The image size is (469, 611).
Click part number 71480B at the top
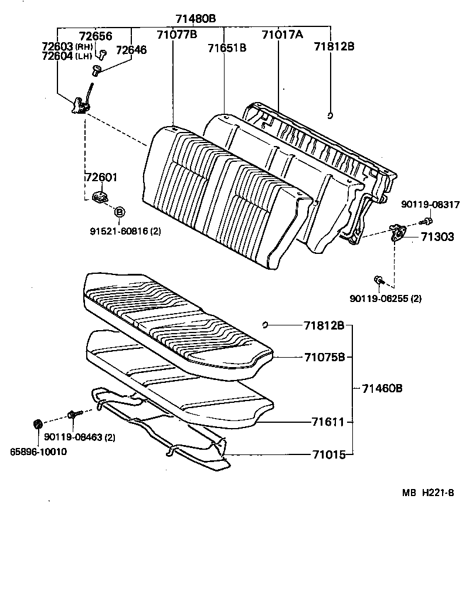(196, 19)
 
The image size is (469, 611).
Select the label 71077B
(176, 35)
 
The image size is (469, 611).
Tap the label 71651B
(226, 48)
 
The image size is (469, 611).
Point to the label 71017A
(282, 35)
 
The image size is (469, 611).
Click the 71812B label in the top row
(334, 47)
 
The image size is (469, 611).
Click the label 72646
(131, 50)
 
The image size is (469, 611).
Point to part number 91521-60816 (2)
(125, 231)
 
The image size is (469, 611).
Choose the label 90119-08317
(430, 205)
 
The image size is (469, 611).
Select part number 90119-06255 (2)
(385, 298)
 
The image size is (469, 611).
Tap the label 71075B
(324, 357)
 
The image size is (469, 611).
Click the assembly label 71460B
(382, 388)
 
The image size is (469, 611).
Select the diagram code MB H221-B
(427, 493)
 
